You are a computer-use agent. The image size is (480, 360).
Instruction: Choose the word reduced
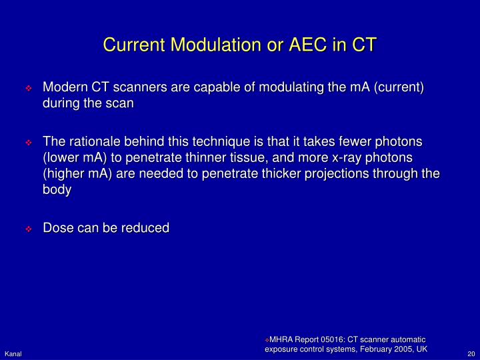click(x=145, y=227)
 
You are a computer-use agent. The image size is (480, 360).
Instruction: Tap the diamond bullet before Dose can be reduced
click(x=29, y=228)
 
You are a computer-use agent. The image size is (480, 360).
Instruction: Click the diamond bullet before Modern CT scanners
click(x=29, y=89)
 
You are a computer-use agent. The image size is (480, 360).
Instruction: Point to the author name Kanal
click(x=13, y=353)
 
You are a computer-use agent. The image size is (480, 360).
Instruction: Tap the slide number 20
click(x=470, y=353)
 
